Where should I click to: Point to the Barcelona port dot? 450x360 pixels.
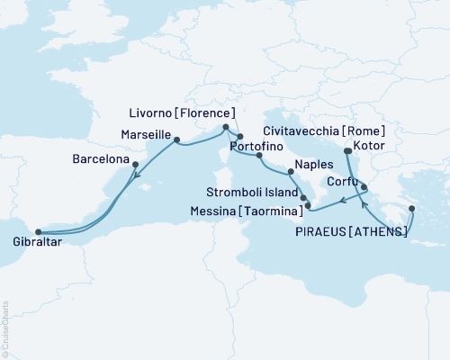(x=135, y=165)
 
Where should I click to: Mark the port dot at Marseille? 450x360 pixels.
(x=176, y=139)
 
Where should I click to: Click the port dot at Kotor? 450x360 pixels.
(x=347, y=151)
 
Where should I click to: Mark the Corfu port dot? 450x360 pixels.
(x=364, y=188)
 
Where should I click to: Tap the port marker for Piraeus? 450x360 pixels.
(x=411, y=209)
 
